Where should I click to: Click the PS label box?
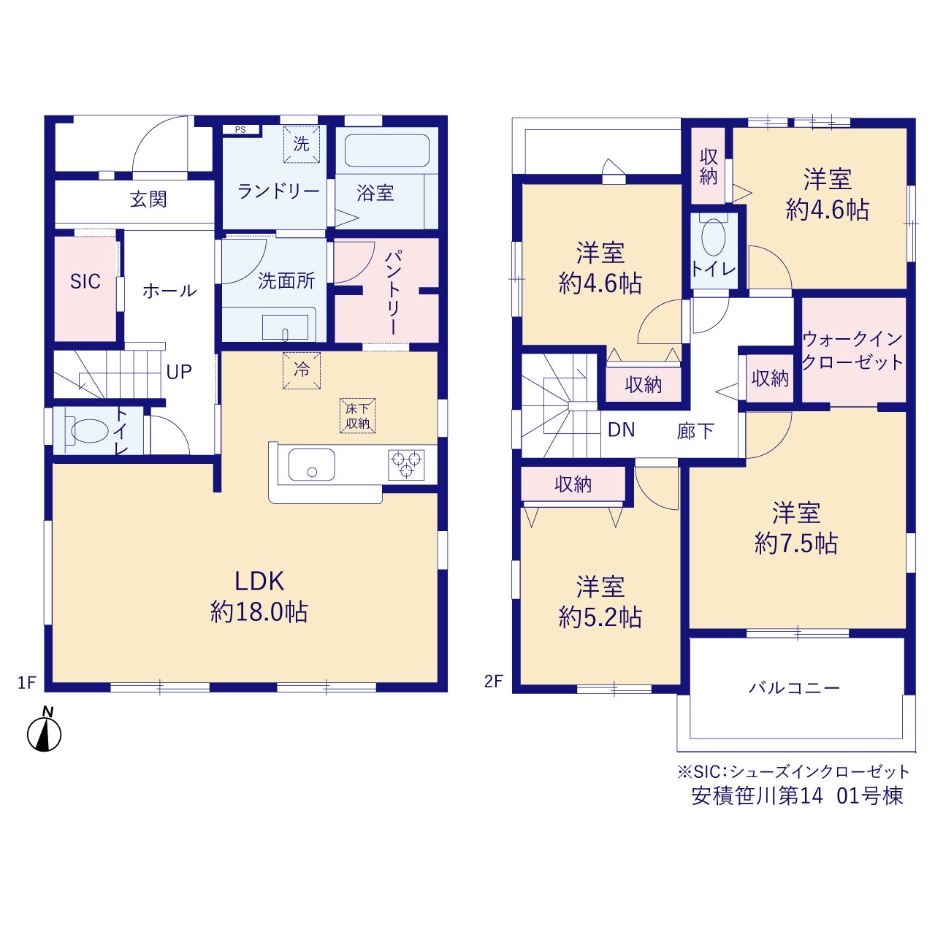click(x=240, y=129)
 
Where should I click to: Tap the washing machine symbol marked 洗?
click(x=302, y=144)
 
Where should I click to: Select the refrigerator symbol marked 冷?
click(x=302, y=370)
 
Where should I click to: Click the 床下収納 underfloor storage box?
click(x=358, y=416)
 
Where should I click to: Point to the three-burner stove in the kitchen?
click(x=406, y=465)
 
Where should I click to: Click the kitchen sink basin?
click(x=311, y=465)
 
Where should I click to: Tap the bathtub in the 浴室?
click(x=386, y=150)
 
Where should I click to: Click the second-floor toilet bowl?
click(x=713, y=237)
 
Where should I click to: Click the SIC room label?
click(x=85, y=281)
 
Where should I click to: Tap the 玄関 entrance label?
click(x=148, y=199)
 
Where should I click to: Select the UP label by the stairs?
click(x=179, y=372)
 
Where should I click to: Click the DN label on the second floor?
click(x=622, y=430)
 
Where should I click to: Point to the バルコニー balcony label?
click(x=794, y=687)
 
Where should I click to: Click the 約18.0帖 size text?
click(x=259, y=612)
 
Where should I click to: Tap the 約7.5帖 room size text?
click(x=796, y=543)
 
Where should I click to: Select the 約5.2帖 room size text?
click(x=600, y=618)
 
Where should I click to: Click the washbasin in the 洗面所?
click(x=286, y=327)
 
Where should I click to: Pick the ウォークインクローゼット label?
click(x=852, y=351)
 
